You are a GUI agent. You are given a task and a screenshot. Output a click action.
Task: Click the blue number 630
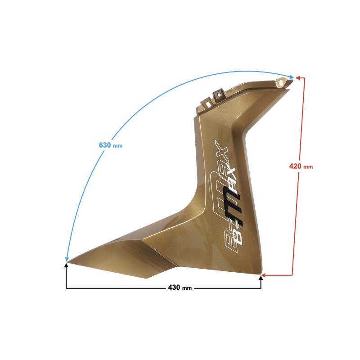(105, 145)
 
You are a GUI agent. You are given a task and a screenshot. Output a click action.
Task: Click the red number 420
(295, 166)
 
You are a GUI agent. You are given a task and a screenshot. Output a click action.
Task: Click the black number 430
(174, 287)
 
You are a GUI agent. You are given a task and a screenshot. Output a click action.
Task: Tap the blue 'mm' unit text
(118, 146)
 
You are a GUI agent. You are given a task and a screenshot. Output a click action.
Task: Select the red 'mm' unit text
(308, 167)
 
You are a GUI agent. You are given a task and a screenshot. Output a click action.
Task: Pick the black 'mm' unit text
(187, 288)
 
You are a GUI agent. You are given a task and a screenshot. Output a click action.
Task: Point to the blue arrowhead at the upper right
(292, 77)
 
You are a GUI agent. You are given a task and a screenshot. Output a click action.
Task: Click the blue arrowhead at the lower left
(67, 259)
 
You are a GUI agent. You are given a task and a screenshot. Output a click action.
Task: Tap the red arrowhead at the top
(298, 78)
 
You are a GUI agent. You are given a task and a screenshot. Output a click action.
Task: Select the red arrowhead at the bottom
(264, 275)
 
